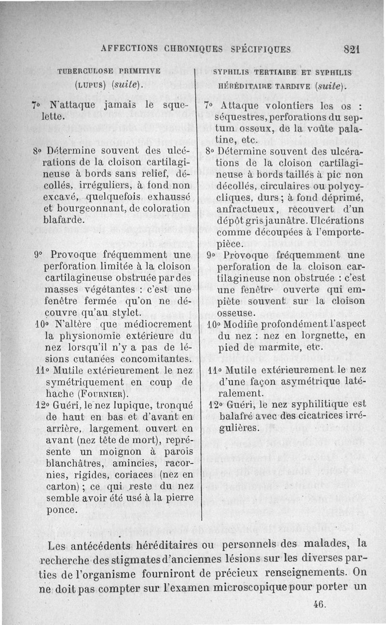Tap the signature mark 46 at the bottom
click(x=319, y=604)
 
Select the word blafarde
click(x=67, y=219)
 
